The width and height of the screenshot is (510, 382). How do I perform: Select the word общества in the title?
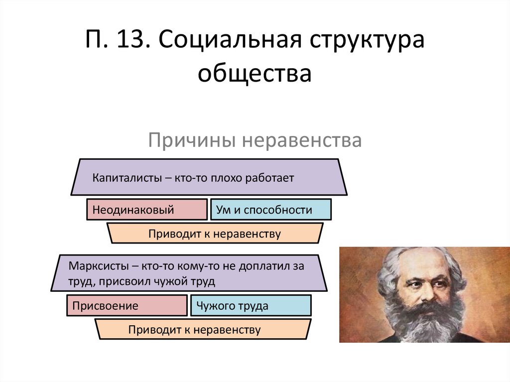coord(255,74)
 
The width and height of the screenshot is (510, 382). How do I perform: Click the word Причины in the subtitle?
coord(191,140)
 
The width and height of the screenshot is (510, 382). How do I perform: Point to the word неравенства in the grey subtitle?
coord(302,140)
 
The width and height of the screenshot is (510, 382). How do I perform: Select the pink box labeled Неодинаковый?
coord(147,210)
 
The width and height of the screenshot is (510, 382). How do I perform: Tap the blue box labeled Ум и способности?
coord(271,210)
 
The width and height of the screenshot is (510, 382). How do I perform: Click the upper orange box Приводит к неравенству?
coord(215,234)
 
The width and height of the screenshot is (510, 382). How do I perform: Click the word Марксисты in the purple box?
coord(97,265)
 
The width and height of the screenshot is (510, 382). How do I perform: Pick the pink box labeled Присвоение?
coord(127,306)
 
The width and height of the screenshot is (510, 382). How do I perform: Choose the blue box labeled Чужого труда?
coord(251,306)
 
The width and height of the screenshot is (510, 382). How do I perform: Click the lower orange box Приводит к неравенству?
coord(202,330)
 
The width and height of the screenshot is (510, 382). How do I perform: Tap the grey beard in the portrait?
coord(423,324)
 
